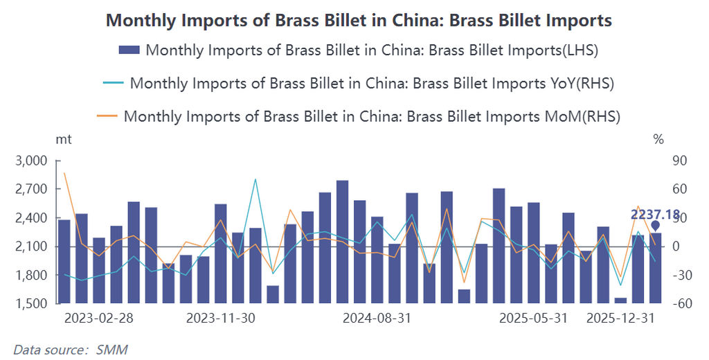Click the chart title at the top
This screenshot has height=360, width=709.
point(359,21)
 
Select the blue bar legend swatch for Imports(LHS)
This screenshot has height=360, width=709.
point(129,50)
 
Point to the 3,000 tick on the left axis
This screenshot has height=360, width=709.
point(30,161)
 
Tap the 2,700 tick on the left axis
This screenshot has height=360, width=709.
point(30,189)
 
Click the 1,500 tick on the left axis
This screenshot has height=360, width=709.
point(30,304)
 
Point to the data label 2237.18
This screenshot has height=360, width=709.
point(654,215)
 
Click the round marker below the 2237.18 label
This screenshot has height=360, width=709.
point(655,225)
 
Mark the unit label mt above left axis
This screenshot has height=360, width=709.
point(64,139)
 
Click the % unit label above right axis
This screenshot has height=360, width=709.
point(658,139)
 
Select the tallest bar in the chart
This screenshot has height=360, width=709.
point(342,242)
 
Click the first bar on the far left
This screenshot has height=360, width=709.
point(64,261)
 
